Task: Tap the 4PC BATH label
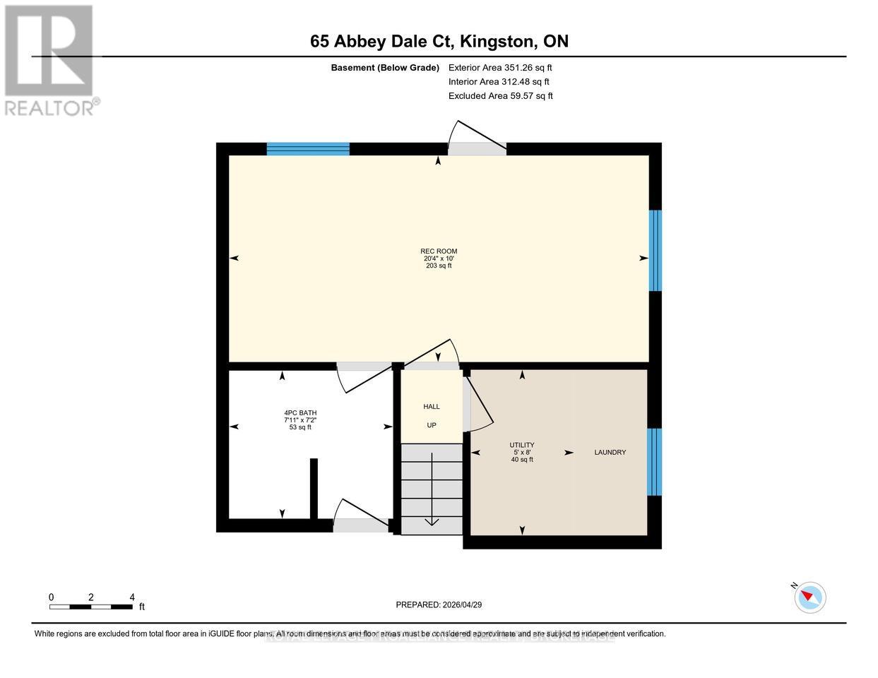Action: (x=297, y=412)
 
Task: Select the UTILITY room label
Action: (x=522, y=445)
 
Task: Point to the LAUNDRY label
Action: (x=610, y=452)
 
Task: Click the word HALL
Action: (x=431, y=406)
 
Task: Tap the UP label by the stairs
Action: (x=431, y=425)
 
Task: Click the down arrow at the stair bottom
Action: (x=431, y=521)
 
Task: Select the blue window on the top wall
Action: (x=308, y=148)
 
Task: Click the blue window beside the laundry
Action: (x=655, y=462)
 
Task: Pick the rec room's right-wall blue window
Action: (x=655, y=250)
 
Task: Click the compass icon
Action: (x=809, y=597)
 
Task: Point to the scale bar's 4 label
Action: (x=132, y=597)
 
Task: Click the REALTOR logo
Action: (x=51, y=60)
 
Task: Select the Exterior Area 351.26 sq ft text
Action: (x=500, y=68)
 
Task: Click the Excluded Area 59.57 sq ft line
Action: (x=500, y=96)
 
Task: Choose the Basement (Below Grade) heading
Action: (x=385, y=68)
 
